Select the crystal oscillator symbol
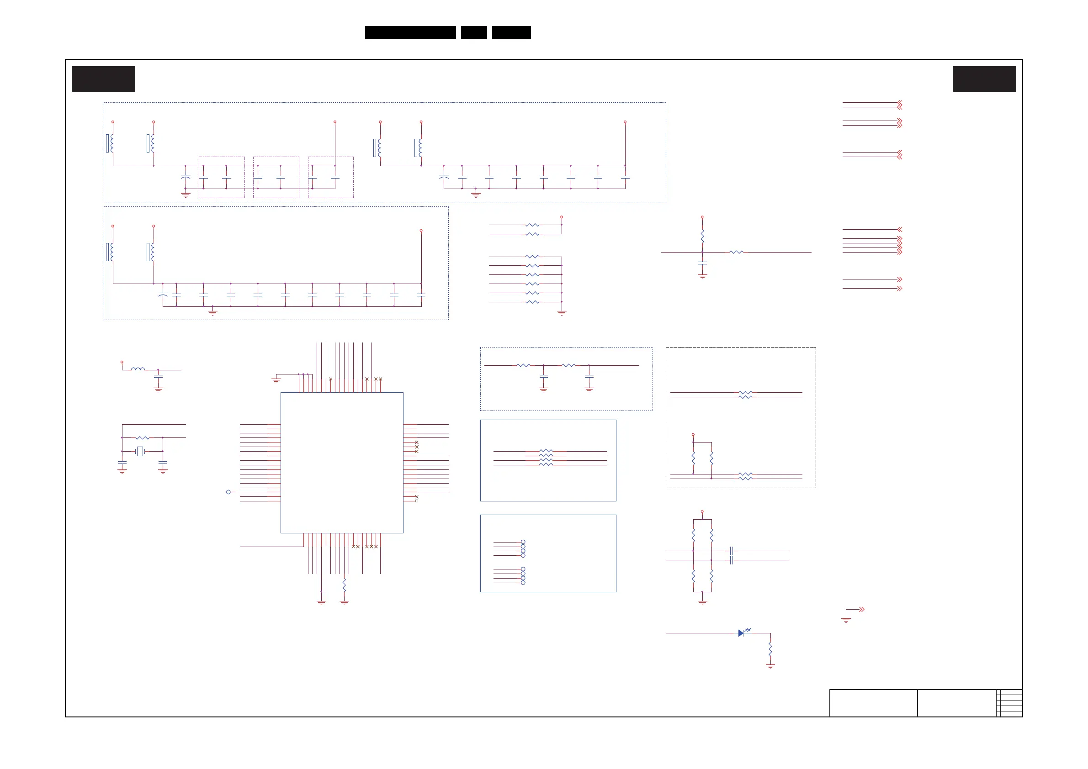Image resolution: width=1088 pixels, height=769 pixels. click(x=140, y=451)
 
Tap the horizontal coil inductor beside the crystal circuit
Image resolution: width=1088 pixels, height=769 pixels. click(x=138, y=369)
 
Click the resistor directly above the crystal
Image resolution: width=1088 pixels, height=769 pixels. click(x=142, y=437)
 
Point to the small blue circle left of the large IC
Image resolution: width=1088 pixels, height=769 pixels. click(x=228, y=492)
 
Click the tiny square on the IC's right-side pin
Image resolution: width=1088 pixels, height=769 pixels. click(x=417, y=501)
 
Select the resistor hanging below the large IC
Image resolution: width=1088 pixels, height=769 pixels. click(x=344, y=585)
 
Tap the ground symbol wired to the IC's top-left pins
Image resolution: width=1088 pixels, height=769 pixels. click(x=276, y=380)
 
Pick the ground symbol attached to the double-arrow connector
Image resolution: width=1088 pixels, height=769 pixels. click(x=846, y=620)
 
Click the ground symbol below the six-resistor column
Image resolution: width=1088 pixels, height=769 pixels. click(x=562, y=313)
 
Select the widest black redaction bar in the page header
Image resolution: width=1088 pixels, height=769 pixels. click(x=410, y=32)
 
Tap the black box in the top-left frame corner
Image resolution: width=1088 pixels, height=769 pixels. click(x=103, y=79)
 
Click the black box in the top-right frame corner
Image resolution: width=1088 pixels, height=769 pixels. click(x=984, y=79)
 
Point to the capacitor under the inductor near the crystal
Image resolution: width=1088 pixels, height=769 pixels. click(x=158, y=376)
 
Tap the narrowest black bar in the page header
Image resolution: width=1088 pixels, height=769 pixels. click(x=474, y=32)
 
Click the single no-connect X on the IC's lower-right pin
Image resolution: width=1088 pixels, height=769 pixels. click(x=417, y=496)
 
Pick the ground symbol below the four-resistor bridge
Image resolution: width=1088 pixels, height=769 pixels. click(x=702, y=603)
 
